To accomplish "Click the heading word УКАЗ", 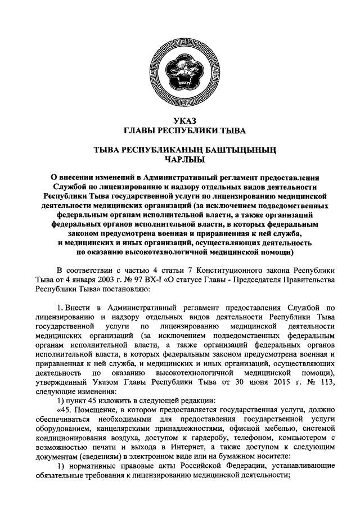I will pos(180,120).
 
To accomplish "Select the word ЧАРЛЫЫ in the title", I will pos(180,159).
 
